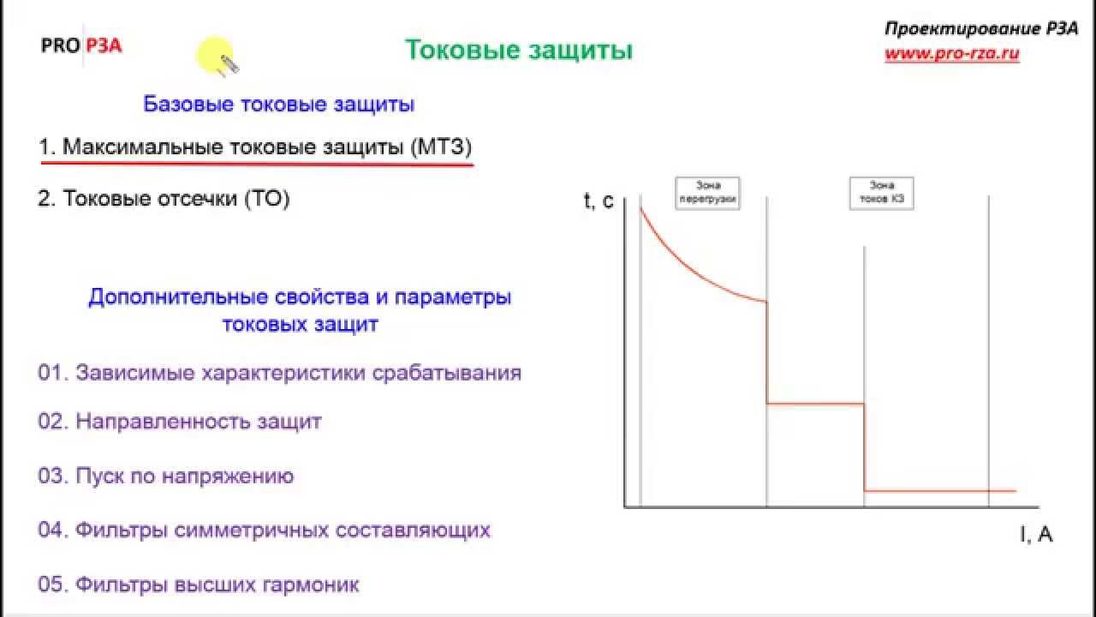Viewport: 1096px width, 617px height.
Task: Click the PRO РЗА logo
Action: click(81, 46)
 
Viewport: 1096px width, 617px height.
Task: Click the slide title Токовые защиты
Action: click(518, 51)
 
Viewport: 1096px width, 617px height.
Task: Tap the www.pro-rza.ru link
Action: click(951, 53)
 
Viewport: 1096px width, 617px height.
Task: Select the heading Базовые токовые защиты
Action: click(279, 105)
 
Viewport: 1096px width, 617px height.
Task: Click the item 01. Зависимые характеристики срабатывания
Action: click(280, 374)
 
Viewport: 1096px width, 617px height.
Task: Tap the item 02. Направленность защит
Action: click(180, 422)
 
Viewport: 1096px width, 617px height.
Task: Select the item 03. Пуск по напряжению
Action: click(166, 476)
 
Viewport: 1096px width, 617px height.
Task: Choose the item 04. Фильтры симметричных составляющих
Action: click(264, 530)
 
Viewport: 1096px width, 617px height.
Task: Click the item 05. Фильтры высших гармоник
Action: click(199, 585)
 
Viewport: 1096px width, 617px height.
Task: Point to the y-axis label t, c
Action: click(599, 201)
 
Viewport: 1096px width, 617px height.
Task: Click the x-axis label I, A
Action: click(1036, 535)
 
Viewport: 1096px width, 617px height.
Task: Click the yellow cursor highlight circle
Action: click(214, 56)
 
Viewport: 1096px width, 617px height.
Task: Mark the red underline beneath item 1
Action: click(257, 163)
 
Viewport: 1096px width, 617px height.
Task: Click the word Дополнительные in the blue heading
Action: click(180, 298)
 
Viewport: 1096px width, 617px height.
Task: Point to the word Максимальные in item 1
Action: click(142, 147)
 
